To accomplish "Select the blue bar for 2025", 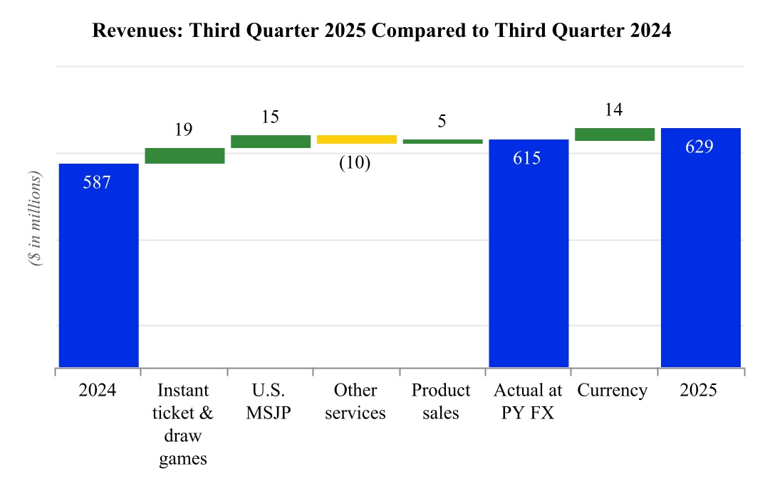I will [x=701, y=248].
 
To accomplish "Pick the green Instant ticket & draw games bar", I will [x=184, y=156].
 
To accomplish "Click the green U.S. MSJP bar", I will [x=271, y=142].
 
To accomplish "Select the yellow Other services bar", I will [x=356, y=139].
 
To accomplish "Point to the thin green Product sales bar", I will [x=442, y=142].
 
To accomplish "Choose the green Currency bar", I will [x=615, y=134].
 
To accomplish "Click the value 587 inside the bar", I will [x=97, y=182].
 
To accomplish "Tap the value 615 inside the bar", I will [x=527, y=158].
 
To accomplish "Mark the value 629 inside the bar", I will [x=699, y=147].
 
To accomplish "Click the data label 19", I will [x=184, y=130].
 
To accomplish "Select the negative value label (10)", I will [x=355, y=163].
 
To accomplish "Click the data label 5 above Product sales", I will [x=442, y=122].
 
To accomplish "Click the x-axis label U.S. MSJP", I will [x=269, y=402].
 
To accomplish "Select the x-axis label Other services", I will [x=355, y=402].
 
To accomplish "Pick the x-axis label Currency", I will [x=613, y=391].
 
